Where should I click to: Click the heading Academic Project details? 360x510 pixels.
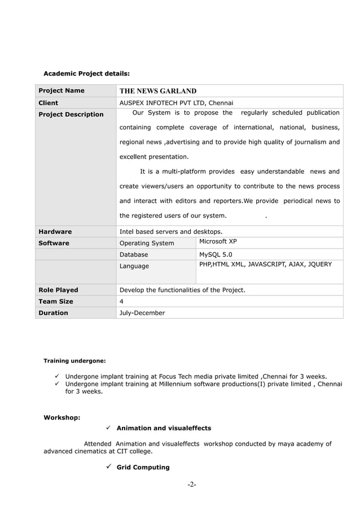(86, 73)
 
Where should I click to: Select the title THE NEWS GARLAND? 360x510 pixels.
(158, 91)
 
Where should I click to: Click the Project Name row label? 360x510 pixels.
(61, 91)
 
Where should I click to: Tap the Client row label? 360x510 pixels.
(48, 103)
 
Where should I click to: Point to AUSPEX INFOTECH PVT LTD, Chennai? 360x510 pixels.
(176, 103)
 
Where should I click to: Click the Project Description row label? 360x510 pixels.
(71, 115)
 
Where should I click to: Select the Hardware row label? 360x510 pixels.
(55, 232)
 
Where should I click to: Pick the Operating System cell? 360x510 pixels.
(147, 243)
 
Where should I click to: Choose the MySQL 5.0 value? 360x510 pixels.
(216, 255)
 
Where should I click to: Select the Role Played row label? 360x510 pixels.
(58, 290)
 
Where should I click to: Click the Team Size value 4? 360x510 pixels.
(122, 302)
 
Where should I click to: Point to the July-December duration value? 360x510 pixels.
(142, 313)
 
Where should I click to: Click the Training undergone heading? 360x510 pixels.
(74, 361)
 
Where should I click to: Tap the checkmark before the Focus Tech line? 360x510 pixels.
(58, 376)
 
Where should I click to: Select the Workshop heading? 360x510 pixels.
(62, 418)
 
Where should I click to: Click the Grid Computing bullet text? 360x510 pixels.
(143, 468)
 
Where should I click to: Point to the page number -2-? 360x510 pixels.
(192, 485)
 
